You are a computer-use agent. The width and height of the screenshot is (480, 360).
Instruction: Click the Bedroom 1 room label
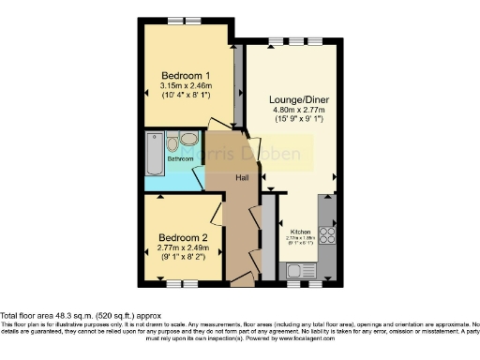185,75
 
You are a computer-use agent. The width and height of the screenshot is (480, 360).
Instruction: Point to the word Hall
241,177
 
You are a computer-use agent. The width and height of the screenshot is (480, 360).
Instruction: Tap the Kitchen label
300,232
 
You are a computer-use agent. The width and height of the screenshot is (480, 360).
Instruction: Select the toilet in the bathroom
172,144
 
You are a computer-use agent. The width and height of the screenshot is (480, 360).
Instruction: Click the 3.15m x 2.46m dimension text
185,86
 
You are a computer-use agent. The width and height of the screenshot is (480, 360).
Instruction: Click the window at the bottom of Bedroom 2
180,282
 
